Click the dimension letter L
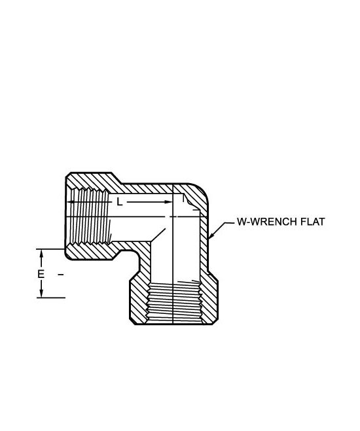[x=119, y=202]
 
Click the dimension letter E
[x=41, y=274]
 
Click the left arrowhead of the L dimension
[x=71, y=202]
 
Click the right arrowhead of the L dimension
[x=168, y=202]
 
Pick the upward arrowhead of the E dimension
[x=41, y=253]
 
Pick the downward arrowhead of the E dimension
[x=41, y=293]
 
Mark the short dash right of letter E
[x=61, y=274]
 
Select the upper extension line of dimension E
[x=50, y=249]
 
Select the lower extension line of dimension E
[x=51, y=298]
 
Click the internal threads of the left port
[x=90, y=216]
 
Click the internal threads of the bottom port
[x=175, y=302]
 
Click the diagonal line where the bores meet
[x=158, y=235]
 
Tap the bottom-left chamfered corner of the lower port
[x=132, y=321]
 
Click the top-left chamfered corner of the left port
[x=68, y=175]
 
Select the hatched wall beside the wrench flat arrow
[x=204, y=242]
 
